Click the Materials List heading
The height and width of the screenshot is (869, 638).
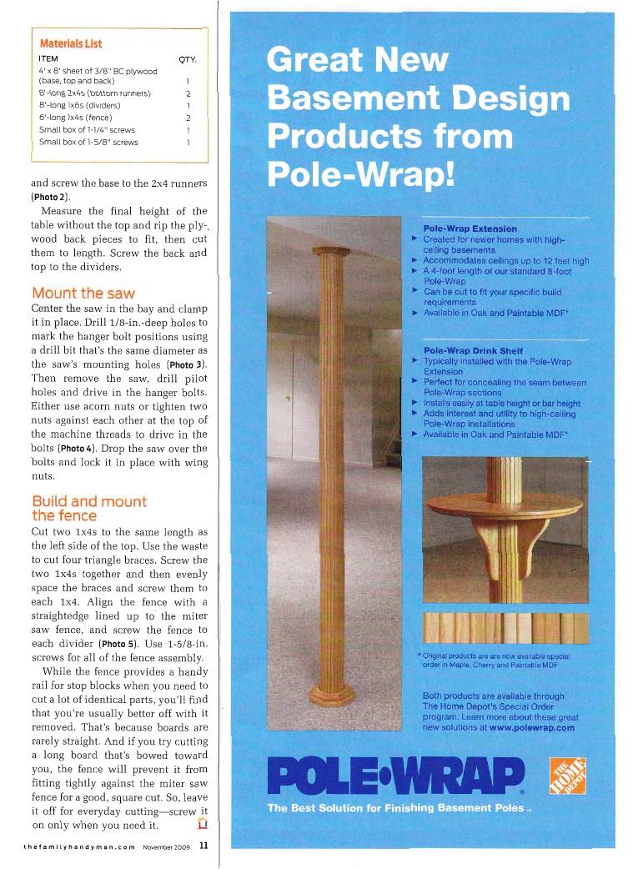[x=70, y=43]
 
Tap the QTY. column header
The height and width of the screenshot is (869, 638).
[x=188, y=59]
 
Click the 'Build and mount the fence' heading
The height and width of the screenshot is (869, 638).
[x=88, y=508]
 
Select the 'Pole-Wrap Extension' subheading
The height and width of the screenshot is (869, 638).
[x=470, y=229]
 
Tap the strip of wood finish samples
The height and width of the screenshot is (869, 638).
[x=505, y=627]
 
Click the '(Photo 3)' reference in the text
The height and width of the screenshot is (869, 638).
[x=193, y=364]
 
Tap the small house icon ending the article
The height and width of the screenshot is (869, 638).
[x=201, y=824]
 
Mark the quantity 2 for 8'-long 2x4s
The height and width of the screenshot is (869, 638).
[x=188, y=94]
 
